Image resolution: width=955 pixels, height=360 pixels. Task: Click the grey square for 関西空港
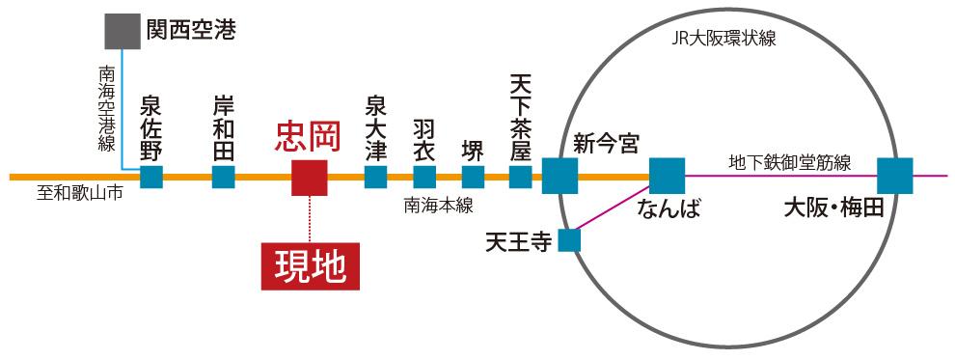(123, 32)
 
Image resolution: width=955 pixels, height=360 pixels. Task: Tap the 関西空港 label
(190, 31)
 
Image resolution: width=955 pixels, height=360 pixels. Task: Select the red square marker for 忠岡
(310, 178)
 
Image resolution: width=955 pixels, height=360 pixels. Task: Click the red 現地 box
(310, 265)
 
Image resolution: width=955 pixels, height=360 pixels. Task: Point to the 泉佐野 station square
(151, 178)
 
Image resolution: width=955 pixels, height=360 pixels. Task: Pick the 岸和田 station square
(224, 178)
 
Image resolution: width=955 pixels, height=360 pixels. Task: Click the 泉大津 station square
(376, 178)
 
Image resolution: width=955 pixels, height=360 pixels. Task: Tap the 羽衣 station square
(424, 178)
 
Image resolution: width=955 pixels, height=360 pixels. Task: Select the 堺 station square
(473, 178)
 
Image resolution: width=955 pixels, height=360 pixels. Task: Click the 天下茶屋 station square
(521, 178)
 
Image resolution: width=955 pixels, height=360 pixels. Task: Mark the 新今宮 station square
(559, 177)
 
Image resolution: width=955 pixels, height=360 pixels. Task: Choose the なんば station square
(667, 177)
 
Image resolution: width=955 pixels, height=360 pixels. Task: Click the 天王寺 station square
(570, 239)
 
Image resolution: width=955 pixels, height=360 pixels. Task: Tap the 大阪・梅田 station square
(895, 177)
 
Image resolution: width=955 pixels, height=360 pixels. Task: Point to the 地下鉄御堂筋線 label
(789, 162)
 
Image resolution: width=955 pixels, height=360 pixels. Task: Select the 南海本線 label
(438, 205)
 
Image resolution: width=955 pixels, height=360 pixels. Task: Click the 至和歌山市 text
(80, 193)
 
